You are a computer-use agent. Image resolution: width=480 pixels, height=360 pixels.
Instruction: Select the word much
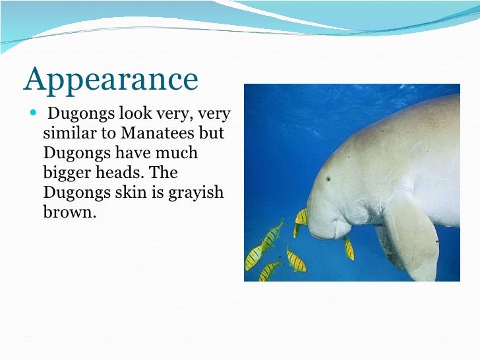pyautogui.click(x=176, y=153)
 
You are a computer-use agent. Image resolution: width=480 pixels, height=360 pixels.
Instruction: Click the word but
pyautogui.click(x=212, y=133)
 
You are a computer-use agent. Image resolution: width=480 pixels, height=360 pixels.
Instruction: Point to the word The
pyautogui.click(x=164, y=173)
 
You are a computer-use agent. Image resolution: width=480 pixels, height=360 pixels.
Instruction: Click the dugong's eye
pyautogui.click(x=328, y=178)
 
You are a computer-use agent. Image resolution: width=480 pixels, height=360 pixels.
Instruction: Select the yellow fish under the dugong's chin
pyautogui.click(x=348, y=248)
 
